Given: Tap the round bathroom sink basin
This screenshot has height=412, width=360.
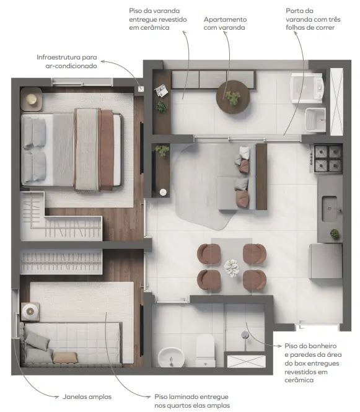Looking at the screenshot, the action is point(171,357).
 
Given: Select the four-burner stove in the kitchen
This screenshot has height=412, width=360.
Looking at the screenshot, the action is point(328,159).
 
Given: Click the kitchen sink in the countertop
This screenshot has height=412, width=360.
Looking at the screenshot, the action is point(330,209).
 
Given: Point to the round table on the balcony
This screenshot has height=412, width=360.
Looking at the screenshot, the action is point(233,97).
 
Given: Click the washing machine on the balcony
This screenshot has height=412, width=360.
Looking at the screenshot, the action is point(307,88).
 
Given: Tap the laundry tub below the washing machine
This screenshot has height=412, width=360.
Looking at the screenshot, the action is point(315,120).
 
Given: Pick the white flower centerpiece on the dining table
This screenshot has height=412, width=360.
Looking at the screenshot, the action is point(232,268).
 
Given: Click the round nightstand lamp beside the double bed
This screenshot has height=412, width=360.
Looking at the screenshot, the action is point(31,99).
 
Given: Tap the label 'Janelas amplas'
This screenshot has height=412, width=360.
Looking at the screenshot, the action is point(87,397).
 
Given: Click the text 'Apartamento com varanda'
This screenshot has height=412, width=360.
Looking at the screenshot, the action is point(225,24).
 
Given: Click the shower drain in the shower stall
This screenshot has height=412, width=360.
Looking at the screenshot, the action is point(245,335).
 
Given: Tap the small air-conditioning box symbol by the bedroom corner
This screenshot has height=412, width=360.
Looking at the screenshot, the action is point(141,89).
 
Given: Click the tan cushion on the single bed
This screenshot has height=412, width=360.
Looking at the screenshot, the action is point(65,357).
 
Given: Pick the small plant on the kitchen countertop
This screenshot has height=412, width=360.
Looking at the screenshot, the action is point(335,234).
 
